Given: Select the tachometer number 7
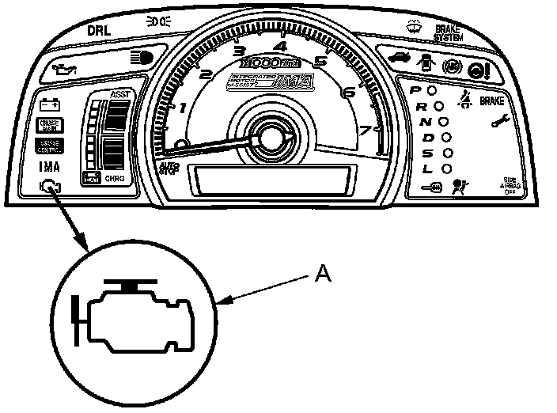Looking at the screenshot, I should (x=365, y=131).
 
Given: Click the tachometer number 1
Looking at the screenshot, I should (x=184, y=108).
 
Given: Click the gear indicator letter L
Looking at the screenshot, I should (x=427, y=169).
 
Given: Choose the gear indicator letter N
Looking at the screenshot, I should (x=425, y=122).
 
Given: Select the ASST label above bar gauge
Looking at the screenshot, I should (x=120, y=95).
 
